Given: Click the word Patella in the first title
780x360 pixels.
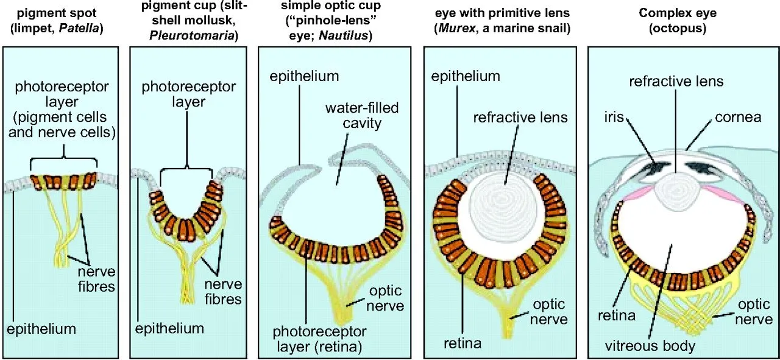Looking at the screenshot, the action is click(x=79, y=28).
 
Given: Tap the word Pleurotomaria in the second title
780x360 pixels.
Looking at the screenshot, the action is click(x=192, y=35).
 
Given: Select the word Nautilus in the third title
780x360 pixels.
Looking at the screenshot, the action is click(x=343, y=35).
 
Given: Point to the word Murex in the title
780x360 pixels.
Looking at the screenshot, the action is click(x=456, y=28).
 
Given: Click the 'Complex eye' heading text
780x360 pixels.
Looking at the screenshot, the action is click(x=678, y=13).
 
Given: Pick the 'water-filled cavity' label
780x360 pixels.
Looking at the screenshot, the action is click(x=362, y=115).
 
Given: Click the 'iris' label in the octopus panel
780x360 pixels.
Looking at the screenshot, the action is click(x=614, y=117).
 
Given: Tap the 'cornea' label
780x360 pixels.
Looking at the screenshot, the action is click(x=738, y=118).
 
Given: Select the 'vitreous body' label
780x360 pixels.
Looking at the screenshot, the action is click(x=650, y=346).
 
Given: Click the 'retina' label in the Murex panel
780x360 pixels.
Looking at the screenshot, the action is click(x=463, y=344).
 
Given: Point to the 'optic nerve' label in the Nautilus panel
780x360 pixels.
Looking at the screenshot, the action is click(x=386, y=298).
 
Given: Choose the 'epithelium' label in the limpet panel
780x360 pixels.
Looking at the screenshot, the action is click(x=41, y=329).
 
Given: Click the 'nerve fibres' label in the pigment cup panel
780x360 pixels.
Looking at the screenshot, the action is click(x=223, y=292).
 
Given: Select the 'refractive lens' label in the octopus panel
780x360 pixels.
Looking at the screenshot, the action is click(x=676, y=82).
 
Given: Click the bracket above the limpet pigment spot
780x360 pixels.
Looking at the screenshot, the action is click(x=64, y=160).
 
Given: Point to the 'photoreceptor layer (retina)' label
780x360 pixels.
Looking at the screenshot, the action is click(x=319, y=339).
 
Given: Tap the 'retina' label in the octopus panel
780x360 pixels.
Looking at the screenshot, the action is click(x=617, y=316).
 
